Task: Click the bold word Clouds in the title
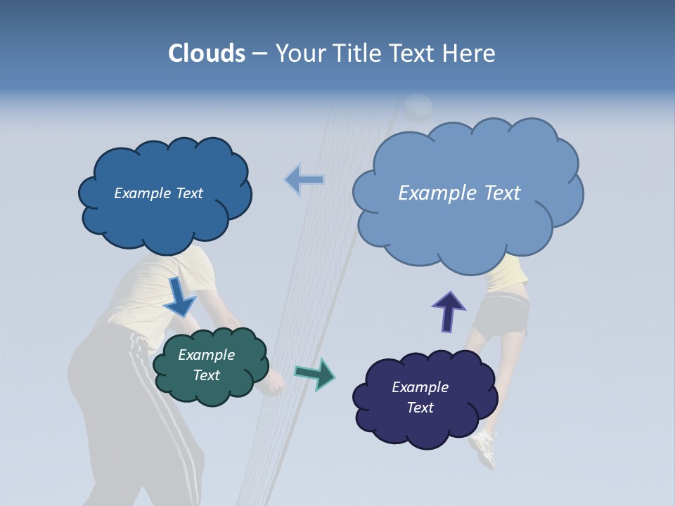pos(207,53)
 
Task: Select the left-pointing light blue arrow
pos(304,180)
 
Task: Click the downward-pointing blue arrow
pos(179,297)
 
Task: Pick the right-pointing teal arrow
pos(315,374)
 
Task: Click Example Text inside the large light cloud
pos(459,193)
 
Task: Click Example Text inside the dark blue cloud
pos(158,193)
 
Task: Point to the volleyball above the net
pos(418,106)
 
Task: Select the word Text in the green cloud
pos(207,375)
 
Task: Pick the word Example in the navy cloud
pos(420,387)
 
